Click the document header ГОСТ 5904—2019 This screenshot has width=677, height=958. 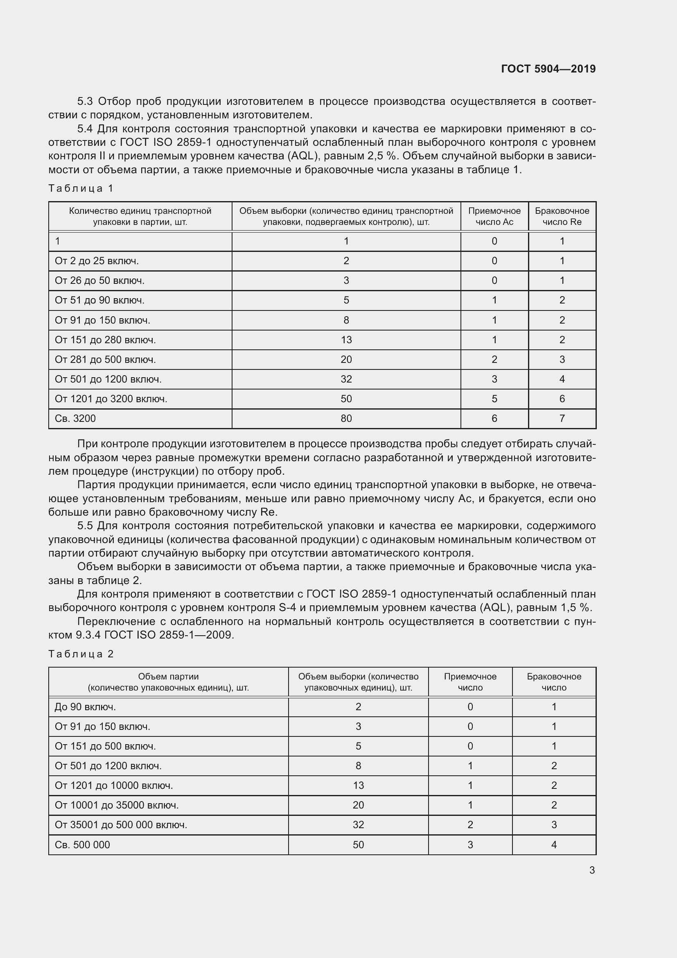(x=548, y=69)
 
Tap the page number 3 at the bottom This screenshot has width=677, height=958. (x=592, y=870)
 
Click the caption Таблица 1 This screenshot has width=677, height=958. (x=81, y=188)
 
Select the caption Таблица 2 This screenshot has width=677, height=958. (x=81, y=653)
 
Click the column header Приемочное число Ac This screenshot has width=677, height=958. (x=494, y=216)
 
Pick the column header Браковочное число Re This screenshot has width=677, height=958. (x=562, y=216)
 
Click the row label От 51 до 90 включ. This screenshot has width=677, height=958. (x=99, y=300)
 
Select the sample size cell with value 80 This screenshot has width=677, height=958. (x=346, y=418)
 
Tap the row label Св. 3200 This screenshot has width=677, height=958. (x=75, y=418)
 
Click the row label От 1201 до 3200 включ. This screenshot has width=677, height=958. (x=111, y=399)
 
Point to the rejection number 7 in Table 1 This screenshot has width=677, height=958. (x=562, y=418)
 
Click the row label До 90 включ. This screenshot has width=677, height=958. (x=85, y=707)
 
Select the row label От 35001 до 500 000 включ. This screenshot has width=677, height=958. (x=121, y=824)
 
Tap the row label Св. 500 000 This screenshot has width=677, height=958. (x=82, y=845)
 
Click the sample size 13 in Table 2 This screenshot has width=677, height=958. (x=358, y=785)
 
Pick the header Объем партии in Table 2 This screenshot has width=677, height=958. (x=168, y=676)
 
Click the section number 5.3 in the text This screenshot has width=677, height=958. (x=86, y=102)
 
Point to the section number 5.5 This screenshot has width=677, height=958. (x=86, y=526)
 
